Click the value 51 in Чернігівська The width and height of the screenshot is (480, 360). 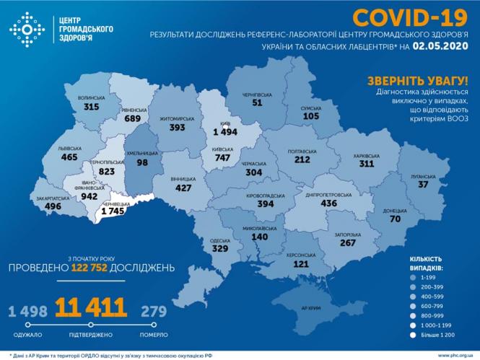257,103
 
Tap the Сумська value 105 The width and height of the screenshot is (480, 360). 310,116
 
